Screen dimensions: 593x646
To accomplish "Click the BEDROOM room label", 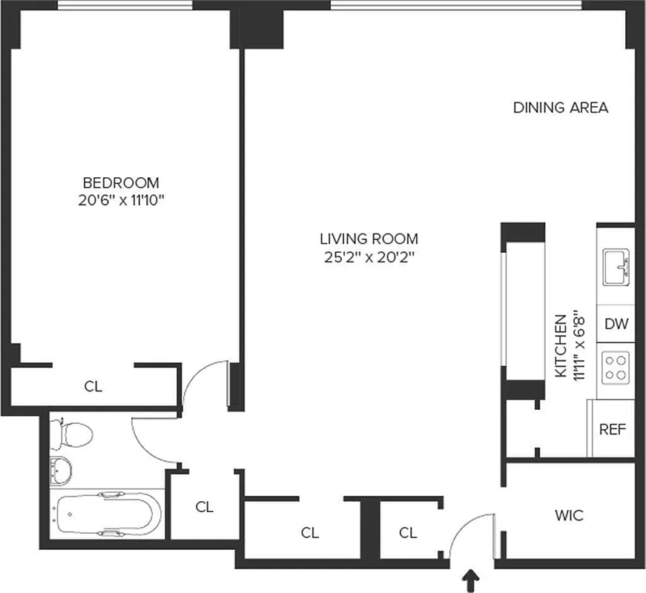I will tap(121, 182).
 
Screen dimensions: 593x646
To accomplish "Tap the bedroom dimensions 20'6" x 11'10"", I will tap(121, 200).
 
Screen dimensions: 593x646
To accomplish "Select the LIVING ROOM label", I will tap(369, 239).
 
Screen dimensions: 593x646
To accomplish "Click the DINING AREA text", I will tap(561, 107).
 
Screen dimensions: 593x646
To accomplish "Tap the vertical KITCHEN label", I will tap(561, 346).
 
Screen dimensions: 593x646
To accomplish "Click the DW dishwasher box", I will tap(615, 323).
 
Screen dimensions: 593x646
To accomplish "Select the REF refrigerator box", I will tap(613, 429).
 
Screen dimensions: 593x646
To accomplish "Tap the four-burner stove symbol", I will tap(615, 366).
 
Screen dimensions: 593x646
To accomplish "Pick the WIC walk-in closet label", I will tap(569, 515).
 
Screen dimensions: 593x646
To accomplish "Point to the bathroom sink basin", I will tap(62, 469).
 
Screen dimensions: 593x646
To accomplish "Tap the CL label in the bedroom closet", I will tap(93, 386).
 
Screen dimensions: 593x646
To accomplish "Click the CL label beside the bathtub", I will tap(205, 507).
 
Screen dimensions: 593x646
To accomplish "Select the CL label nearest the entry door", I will tap(408, 532).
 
